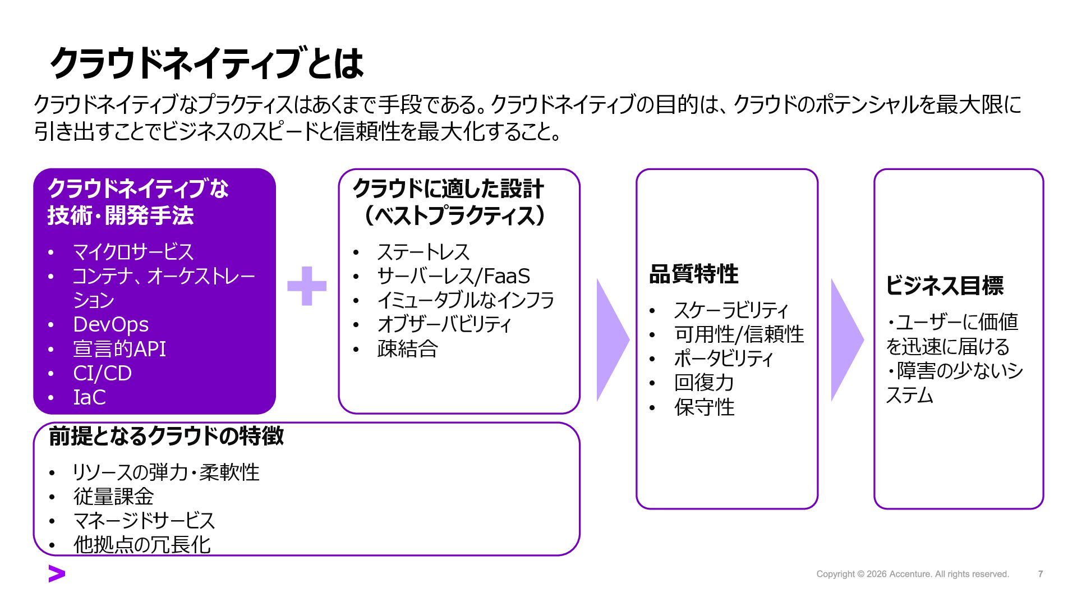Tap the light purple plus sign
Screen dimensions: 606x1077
click(x=307, y=286)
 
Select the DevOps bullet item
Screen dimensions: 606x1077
click(x=111, y=324)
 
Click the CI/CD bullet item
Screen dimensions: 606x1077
click(x=102, y=373)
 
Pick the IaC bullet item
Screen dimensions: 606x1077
click(x=89, y=397)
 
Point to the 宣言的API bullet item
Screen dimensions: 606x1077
click(x=119, y=348)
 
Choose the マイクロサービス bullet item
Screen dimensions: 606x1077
click(x=133, y=252)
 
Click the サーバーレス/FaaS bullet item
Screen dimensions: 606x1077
click(x=453, y=276)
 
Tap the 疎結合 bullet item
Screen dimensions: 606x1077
click(x=407, y=349)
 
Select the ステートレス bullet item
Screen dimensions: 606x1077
click(x=423, y=252)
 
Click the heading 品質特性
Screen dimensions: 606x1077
click(x=693, y=274)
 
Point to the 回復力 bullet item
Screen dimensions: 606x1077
click(x=704, y=383)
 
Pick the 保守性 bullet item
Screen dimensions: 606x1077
click(x=704, y=407)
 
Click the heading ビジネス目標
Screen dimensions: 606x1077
click(x=945, y=286)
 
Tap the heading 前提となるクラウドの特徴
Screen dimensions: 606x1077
click(x=166, y=436)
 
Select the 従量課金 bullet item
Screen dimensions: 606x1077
click(x=113, y=497)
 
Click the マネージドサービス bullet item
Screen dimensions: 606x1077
click(x=144, y=521)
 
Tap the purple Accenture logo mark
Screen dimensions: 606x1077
click(x=57, y=574)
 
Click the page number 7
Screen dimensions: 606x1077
click(x=1041, y=574)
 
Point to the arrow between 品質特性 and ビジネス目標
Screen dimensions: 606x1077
click(x=846, y=339)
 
